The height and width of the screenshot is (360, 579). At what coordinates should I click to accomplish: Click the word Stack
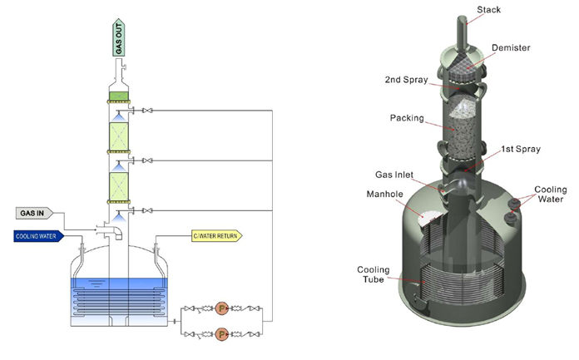(x=489, y=11)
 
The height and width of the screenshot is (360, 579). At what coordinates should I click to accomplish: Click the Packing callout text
(x=407, y=118)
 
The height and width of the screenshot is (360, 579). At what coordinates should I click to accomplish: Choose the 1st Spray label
(x=521, y=150)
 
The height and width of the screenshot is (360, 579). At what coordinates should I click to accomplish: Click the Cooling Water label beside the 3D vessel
(x=550, y=195)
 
